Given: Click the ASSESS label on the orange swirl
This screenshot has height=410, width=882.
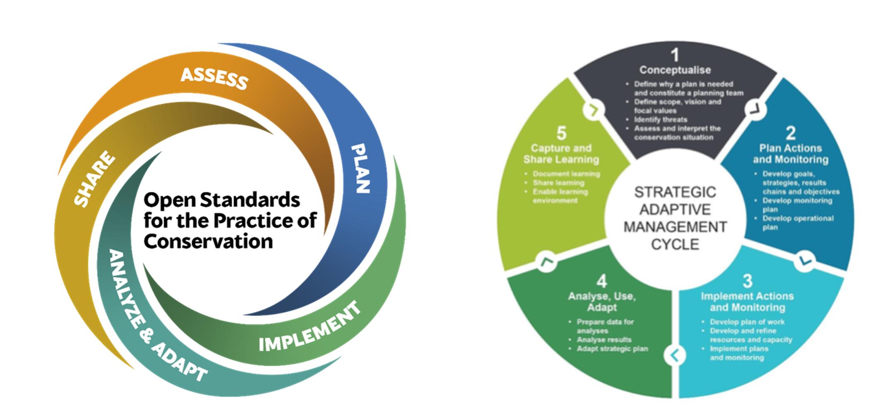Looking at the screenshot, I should pos(214,78).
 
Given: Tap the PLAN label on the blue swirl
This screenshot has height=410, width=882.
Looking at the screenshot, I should pos(360,169).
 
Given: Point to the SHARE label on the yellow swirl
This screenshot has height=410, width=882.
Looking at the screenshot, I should pos(94,179).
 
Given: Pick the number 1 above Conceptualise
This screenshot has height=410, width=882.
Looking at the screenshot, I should pos(675,55).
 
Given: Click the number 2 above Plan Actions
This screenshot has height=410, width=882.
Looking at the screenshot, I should pos(791,133).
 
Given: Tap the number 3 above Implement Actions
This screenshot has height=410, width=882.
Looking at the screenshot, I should pos(747,281).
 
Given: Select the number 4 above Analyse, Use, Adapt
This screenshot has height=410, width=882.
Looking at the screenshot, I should pos(601,281).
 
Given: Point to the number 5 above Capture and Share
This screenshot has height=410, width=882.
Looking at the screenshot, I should pos(561,133).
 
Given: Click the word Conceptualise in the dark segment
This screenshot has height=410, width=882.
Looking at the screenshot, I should pos(675,70).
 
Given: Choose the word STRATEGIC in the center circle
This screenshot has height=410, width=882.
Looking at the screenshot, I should pos(675,192).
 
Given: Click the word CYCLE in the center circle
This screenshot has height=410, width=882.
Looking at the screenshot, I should pos(675,244).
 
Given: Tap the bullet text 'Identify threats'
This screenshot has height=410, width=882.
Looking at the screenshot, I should pos(661,120).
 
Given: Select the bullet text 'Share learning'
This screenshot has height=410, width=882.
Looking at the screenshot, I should pos(558,183).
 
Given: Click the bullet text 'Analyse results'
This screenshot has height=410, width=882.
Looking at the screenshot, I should pos(604,340).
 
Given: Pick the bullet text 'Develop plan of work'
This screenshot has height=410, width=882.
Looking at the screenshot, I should pos(747,322).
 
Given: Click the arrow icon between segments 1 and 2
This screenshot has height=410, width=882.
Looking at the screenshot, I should pos(755,110).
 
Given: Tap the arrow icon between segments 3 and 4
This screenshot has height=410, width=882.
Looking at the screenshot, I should pos(675,355).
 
